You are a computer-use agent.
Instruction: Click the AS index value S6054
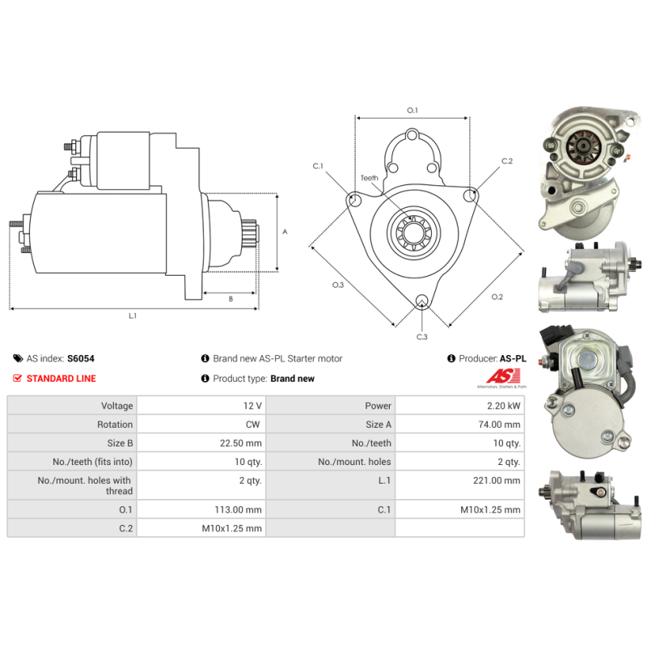pos(81,358)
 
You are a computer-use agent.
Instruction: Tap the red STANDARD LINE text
pos(61,378)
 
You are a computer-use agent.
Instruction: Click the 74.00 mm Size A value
pos(499,425)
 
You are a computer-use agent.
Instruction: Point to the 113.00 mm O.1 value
pos(238,510)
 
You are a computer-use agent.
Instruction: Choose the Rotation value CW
pos(253,425)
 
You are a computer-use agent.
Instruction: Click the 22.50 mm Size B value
pos(241,443)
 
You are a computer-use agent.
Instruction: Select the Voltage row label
pos(117,406)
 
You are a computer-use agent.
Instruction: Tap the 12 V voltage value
pos(252,406)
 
